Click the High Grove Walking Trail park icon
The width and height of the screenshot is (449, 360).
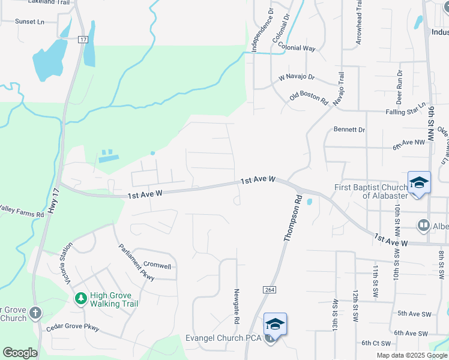(x=80, y=298)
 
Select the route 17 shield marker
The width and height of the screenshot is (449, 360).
(x=83, y=39)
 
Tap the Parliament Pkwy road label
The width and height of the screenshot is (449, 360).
(x=137, y=262)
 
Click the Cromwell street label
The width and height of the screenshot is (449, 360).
(x=157, y=266)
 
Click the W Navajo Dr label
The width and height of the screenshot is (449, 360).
(x=297, y=77)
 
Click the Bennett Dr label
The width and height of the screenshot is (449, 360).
(x=349, y=130)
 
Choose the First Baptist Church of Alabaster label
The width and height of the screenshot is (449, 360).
(x=371, y=191)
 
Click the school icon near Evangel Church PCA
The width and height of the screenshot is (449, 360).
(x=275, y=325)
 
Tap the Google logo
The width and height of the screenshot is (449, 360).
(x=20, y=353)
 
